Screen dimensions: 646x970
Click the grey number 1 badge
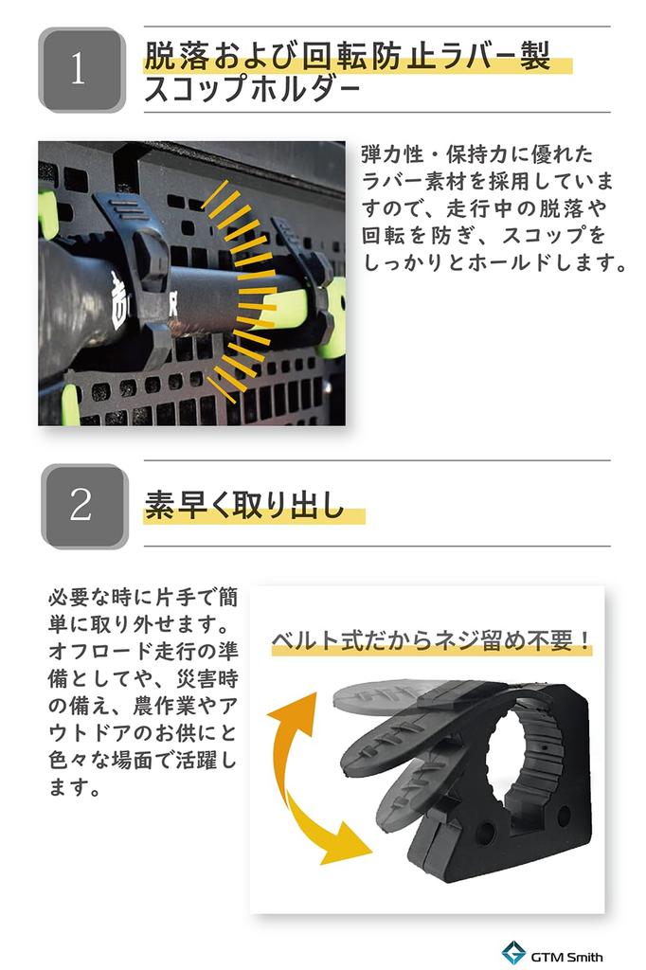pyautogui.click(x=81, y=69)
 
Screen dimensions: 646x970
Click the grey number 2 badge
pyautogui.click(x=84, y=506)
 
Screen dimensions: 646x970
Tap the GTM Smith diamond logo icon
pyautogui.click(x=513, y=953)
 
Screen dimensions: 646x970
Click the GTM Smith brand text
pyautogui.click(x=566, y=957)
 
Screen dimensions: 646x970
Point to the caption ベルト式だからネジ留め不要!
pyautogui.click(x=431, y=640)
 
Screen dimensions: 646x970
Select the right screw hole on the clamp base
pyautogui.click(x=563, y=817)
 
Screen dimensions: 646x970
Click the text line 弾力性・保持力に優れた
pyautogui.click(x=477, y=154)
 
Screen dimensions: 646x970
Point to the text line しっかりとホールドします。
pyautogui.click(x=495, y=263)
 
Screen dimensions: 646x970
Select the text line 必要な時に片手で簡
pyautogui.click(x=143, y=598)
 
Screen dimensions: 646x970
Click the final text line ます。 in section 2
pyautogui.click(x=75, y=787)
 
